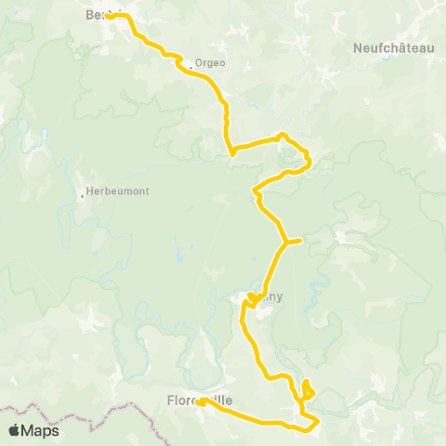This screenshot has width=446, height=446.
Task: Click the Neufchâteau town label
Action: pos(394,47)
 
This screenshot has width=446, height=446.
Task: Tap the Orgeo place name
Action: pos(210,63)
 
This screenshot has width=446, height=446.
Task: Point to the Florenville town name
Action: pos(199,400)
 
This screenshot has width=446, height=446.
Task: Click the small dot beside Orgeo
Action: pos(191,66)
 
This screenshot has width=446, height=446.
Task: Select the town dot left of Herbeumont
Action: pos(81,195)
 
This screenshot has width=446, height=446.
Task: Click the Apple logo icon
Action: pos(15,430)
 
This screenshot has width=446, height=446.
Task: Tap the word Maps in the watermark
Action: pos(41,430)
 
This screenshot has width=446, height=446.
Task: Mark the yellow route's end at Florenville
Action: pos(200,402)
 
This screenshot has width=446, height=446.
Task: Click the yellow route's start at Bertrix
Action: pos(108,17)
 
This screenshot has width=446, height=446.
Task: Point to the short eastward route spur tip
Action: pos(301,241)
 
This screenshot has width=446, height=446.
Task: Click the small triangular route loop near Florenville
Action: pos(308,390)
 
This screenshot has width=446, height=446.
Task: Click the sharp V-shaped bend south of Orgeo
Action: pos(230,154)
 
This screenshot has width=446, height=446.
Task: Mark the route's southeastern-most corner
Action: pos(318,422)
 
